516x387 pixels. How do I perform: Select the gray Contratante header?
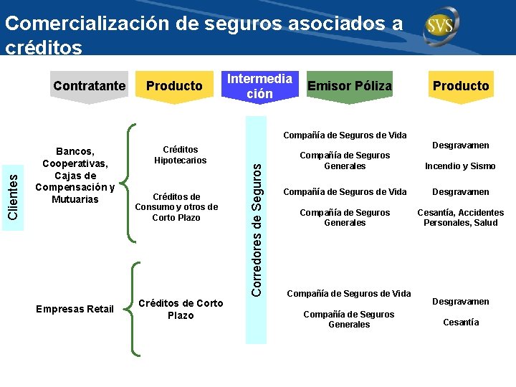point(89,86)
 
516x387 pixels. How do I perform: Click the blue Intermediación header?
point(259,86)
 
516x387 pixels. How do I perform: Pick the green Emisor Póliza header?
point(349,86)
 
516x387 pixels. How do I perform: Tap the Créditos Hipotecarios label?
point(180,155)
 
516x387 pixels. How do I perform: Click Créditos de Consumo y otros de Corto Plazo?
point(176,207)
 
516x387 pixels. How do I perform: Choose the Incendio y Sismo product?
point(460,166)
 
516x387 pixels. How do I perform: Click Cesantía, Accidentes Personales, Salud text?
point(461,218)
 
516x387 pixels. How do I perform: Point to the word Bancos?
point(75,151)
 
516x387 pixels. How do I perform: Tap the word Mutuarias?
point(75,199)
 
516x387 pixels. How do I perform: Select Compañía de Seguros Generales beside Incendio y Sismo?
point(344,161)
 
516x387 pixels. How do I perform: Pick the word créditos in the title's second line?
point(44,47)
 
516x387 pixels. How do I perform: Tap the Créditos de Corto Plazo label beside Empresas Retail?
point(180,309)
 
